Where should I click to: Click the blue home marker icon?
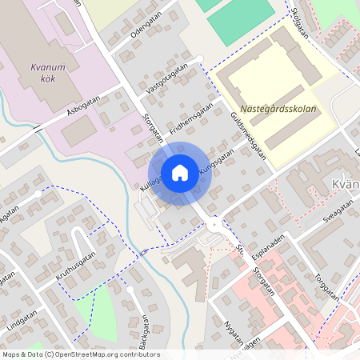(x=180, y=173)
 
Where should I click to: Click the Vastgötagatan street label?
(x=167, y=80)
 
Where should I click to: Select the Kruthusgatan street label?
(x=75, y=266)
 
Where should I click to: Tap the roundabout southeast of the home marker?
(x=213, y=225)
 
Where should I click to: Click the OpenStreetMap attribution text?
(x=80, y=354)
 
